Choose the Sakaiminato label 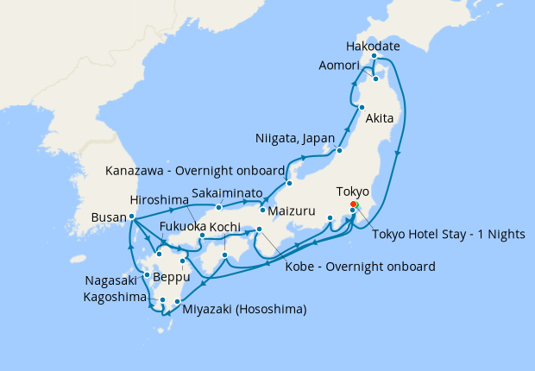228,193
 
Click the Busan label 108,219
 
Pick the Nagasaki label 111,280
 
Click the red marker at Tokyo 354,205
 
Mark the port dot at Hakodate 374,57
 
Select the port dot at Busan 131,217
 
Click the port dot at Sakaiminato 219,207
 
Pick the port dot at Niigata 339,151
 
